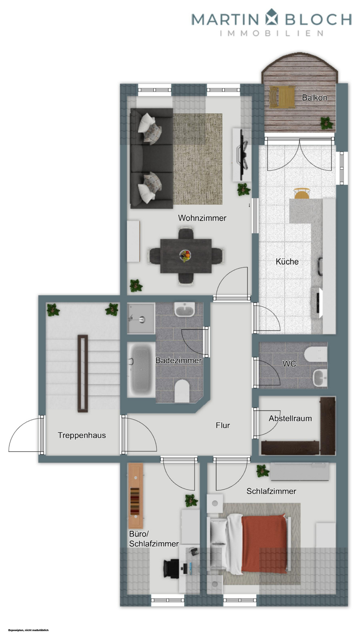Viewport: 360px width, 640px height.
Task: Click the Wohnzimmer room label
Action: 202,218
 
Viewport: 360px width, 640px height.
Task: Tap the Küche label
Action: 287,262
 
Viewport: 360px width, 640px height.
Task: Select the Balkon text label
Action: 314,98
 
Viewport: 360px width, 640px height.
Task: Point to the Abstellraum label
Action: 290,418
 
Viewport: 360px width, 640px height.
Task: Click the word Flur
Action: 223,425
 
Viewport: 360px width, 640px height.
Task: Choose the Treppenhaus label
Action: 82,435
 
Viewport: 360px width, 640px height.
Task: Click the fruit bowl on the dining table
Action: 185,255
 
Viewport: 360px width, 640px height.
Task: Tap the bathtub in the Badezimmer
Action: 141,369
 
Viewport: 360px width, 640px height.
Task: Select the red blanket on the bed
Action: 264,543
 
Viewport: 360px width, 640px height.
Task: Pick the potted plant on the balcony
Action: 327,122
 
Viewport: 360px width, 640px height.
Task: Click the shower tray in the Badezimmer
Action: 141,318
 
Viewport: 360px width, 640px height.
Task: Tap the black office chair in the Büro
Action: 171,568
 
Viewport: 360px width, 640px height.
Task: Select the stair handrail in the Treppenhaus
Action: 83,373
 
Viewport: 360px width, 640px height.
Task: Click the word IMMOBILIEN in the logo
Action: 272,33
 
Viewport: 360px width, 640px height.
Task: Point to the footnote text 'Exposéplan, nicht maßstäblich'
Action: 28,630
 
